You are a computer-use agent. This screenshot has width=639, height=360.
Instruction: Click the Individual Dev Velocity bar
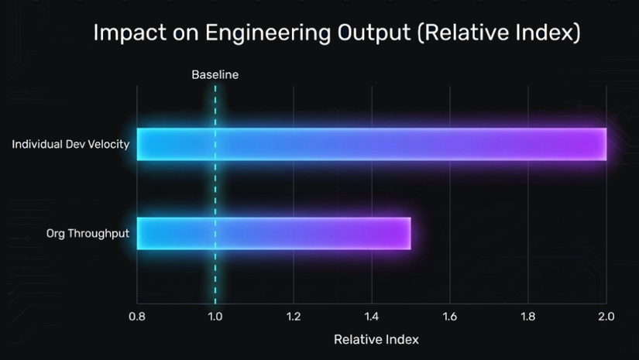[372, 144]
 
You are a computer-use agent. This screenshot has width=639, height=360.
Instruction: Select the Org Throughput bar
[273, 233]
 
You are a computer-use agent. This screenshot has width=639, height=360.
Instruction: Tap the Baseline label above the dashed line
[215, 75]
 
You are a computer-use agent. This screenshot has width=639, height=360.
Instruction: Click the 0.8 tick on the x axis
[137, 317]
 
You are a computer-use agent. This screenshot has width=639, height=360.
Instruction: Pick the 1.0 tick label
[215, 317]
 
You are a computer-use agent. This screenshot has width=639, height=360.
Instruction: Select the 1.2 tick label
[294, 317]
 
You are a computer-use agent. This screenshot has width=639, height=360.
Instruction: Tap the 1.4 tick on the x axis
[372, 317]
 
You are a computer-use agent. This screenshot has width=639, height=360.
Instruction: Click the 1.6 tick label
[450, 317]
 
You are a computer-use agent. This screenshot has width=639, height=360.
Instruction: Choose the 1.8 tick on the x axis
[528, 317]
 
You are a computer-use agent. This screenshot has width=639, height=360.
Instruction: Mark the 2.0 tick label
[606, 317]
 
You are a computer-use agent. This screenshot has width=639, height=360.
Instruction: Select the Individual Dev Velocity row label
[70, 144]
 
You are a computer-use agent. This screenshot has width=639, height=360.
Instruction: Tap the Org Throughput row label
[88, 233]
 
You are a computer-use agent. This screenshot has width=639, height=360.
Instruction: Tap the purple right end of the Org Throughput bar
[403, 233]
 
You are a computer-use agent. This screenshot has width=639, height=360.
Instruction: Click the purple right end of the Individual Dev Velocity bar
[598, 144]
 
